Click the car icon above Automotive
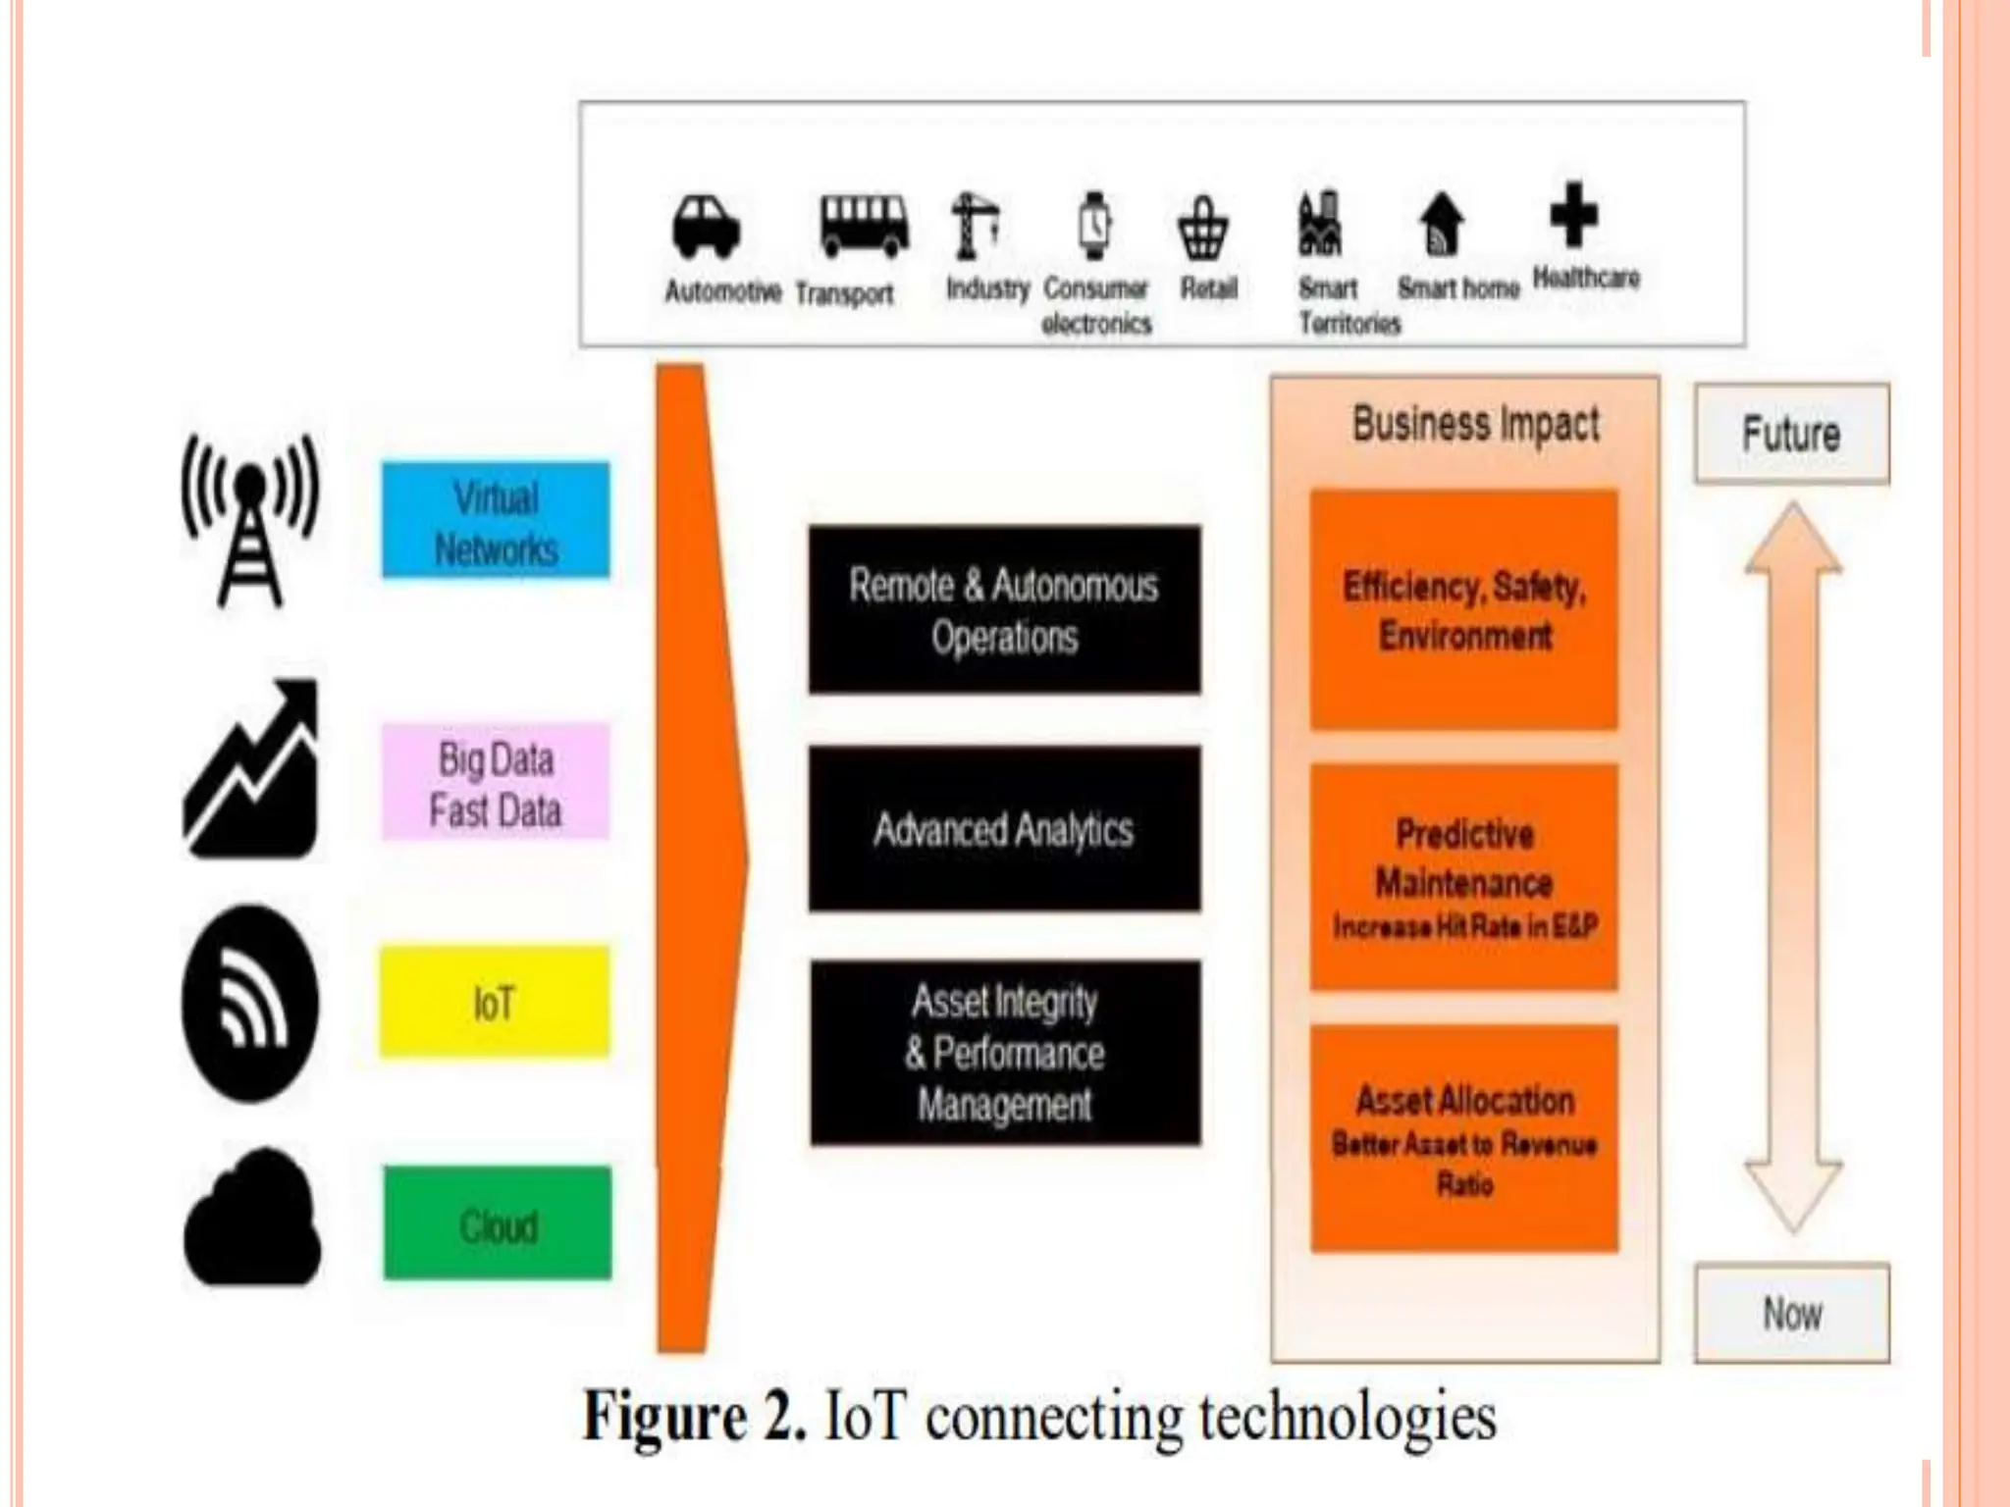[x=706, y=227]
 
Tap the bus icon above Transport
[x=864, y=225]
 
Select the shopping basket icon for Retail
[x=1202, y=229]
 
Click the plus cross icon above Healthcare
[x=1573, y=215]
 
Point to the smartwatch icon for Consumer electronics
[x=1094, y=226]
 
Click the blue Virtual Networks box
[x=496, y=521]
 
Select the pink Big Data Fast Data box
[x=496, y=782]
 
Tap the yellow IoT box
[x=495, y=1002]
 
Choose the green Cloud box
[x=497, y=1223]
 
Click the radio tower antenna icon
[x=250, y=520]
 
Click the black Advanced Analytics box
[x=1004, y=829]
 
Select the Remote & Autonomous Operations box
[x=1004, y=609]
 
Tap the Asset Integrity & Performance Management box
[x=1005, y=1053]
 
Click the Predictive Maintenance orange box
[x=1463, y=876]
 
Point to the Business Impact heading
[x=1475, y=424]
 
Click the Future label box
[x=1791, y=434]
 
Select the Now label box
[x=1791, y=1313]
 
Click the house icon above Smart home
[x=1441, y=224]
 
